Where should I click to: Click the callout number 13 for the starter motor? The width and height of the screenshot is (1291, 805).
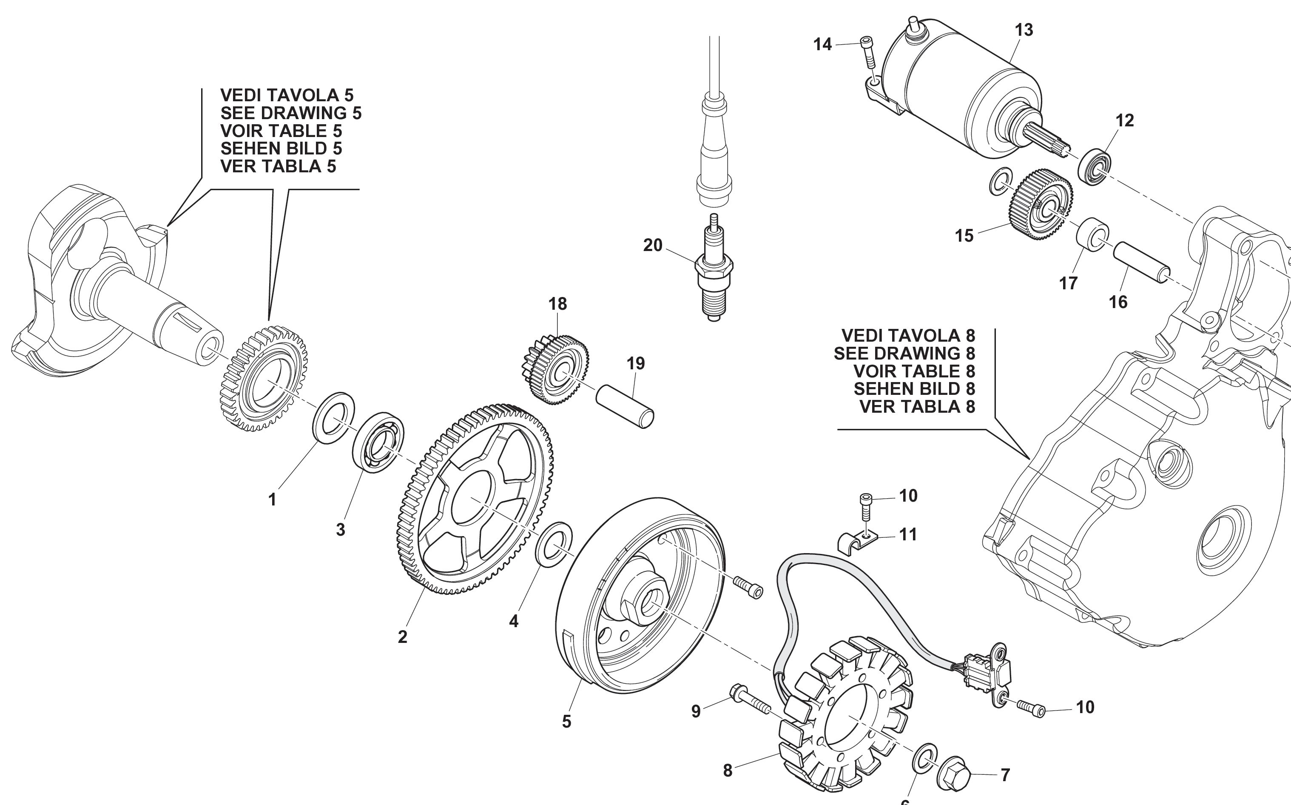pos(1024,30)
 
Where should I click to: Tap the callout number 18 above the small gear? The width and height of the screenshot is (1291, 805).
pos(557,304)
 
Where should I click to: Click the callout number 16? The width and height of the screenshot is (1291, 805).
pos(1118,303)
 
